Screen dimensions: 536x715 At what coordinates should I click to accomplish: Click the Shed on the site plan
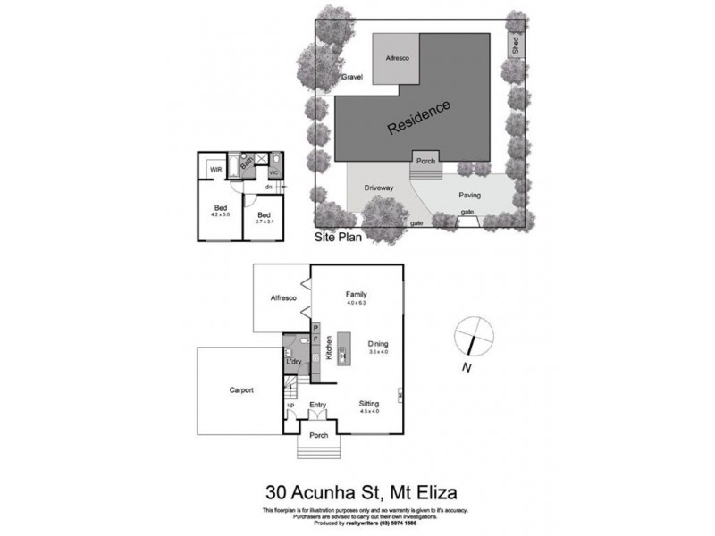pos(516,45)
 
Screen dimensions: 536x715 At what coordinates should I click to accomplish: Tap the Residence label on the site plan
pos(419,118)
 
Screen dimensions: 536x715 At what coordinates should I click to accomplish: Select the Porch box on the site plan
pos(425,162)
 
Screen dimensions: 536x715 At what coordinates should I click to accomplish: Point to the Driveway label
pos(379,188)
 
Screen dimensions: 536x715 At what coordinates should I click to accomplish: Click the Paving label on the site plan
pos(470,195)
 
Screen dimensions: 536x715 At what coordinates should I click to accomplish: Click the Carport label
pos(241,390)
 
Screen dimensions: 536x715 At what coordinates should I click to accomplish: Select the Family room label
pos(357,294)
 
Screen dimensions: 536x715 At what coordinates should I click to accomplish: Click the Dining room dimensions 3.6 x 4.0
pos(378,352)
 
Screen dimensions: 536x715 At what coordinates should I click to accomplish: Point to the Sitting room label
pos(369,403)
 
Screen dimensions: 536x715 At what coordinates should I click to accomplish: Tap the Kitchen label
pos(330,346)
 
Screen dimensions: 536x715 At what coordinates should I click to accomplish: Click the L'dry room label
pos(292,362)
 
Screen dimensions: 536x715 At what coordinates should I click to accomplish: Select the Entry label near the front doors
pos(317,405)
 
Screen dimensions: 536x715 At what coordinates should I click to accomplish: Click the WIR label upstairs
pos(216,170)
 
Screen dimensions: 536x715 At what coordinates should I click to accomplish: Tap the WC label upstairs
pos(274,172)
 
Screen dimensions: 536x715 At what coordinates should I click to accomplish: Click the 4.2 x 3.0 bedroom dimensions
pos(220,215)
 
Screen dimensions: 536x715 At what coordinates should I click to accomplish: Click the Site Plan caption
pos(336,239)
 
